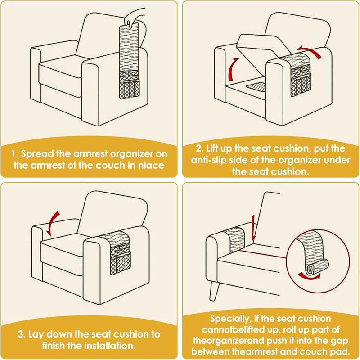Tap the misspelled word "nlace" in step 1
[x=151, y=165]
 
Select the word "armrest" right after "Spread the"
[x=91, y=154]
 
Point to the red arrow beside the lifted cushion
[x=234, y=69]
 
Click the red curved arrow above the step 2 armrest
[x=309, y=51]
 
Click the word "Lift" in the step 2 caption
[x=212, y=148]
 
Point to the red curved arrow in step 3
[x=53, y=224]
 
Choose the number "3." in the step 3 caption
[x=22, y=334]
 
